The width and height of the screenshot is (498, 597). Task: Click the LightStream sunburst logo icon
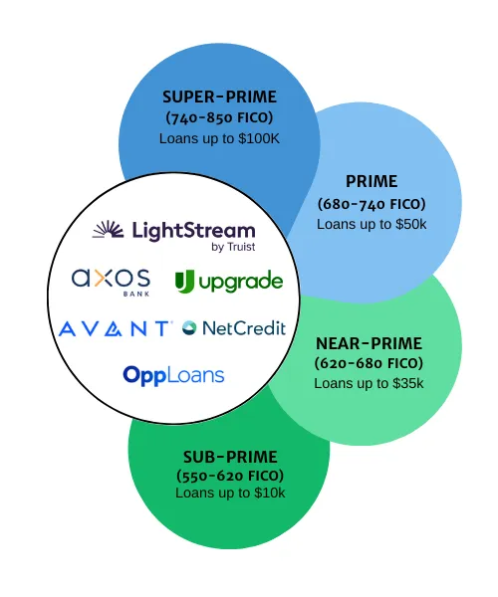(109, 229)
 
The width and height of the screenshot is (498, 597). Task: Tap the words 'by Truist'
(233, 247)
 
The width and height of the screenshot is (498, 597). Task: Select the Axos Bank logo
(111, 283)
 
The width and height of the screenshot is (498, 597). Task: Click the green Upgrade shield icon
(184, 282)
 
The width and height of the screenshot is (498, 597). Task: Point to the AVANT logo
(115, 328)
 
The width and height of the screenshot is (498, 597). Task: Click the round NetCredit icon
(189, 328)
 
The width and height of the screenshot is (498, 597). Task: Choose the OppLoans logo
(173, 375)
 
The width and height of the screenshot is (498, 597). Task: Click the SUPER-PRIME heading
(219, 97)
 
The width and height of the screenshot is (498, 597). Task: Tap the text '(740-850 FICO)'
(219, 117)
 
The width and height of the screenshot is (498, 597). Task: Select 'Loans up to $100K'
(219, 138)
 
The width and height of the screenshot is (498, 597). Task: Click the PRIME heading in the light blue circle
(372, 181)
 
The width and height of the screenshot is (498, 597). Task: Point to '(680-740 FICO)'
(372, 204)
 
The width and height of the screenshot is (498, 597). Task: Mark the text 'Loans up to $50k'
(372, 224)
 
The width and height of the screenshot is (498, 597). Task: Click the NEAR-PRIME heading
(369, 344)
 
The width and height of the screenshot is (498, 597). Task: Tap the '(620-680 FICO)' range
(369, 363)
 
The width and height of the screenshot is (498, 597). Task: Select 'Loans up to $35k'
(369, 383)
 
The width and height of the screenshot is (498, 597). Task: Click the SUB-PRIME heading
(230, 458)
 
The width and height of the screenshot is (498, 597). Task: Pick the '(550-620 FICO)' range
(230, 476)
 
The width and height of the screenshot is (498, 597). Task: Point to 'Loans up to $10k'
(230, 494)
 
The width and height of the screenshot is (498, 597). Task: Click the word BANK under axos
(136, 294)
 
